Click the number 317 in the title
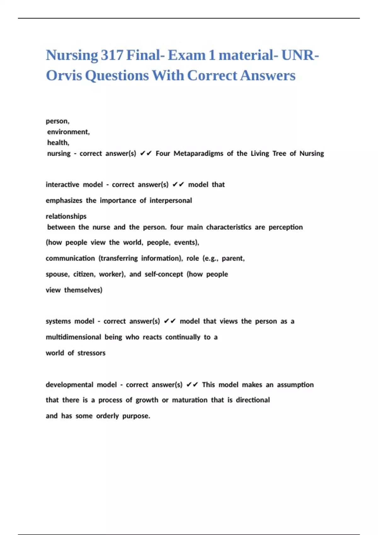(x=112, y=55)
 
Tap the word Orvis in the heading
(x=64, y=76)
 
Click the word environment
(x=68, y=132)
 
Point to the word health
(x=58, y=143)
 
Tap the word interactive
(x=62, y=184)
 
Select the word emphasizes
(x=64, y=200)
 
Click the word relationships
(x=66, y=216)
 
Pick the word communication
(x=70, y=258)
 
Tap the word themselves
(x=83, y=290)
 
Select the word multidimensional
(x=73, y=337)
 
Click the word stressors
(x=91, y=353)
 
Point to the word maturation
(x=190, y=400)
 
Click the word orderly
(x=107, y=416)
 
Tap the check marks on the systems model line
(x=170, y=321)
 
